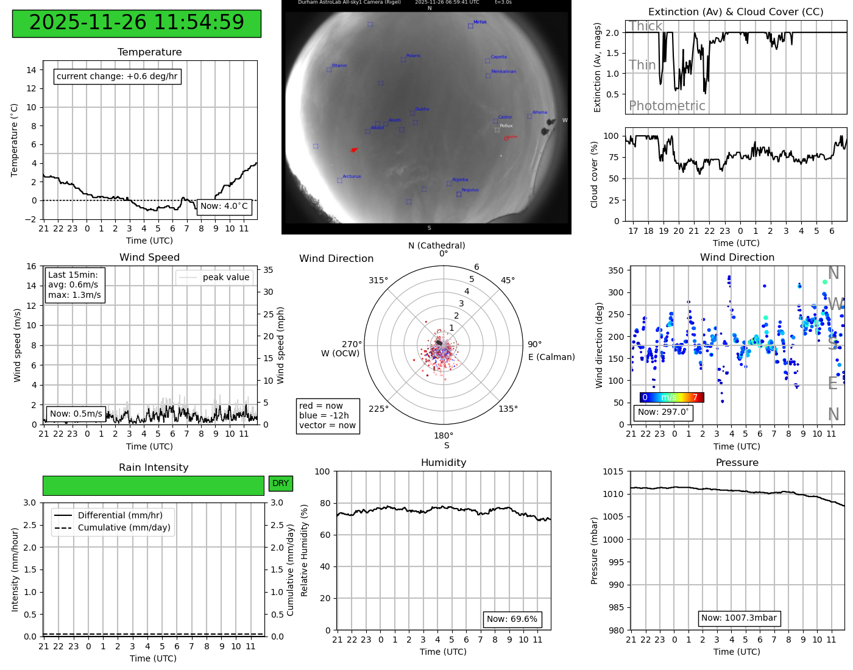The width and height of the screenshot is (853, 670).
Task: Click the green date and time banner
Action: [136, 23]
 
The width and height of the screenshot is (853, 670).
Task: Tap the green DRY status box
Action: [281, 484]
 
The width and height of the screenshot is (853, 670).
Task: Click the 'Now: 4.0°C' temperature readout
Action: [224, 206]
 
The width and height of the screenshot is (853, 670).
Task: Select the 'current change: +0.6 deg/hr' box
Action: [118, 77]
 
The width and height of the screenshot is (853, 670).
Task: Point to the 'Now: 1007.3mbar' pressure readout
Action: [739, 618]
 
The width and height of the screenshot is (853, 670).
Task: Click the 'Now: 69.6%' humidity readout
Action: [512, 619]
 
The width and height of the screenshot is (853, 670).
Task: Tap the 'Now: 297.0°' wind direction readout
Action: [664, 412]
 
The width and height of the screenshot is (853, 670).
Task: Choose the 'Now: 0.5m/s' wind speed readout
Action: [76, 414]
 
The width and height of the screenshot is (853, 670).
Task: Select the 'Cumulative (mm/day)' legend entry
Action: [124, 528]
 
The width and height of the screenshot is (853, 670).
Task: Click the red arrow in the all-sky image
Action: [354, 150]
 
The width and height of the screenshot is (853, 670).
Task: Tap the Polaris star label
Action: [413, 56]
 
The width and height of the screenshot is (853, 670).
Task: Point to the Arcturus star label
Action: [352, 177]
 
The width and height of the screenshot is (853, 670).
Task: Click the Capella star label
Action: [498, 57]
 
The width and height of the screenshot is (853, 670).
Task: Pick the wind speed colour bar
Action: [671, 398]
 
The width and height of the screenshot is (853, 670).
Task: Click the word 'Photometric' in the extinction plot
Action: [667, 106]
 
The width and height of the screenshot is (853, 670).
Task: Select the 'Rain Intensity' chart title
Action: [154, 468]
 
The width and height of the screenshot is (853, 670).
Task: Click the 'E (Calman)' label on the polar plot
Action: [551, 357]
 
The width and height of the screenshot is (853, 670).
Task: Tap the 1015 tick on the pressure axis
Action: [613, 471]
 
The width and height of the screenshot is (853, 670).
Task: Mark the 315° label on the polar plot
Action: [378, 281]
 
